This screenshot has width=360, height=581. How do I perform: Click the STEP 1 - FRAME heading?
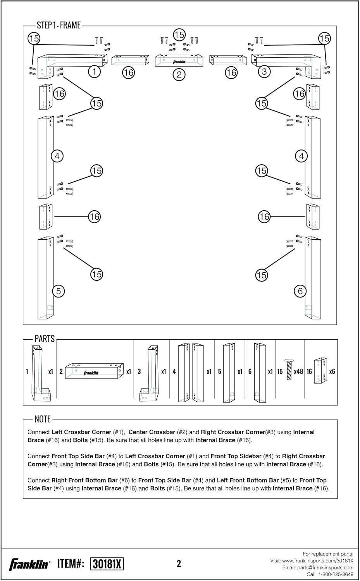click(x=59, y=25)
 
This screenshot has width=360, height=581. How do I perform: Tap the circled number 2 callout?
click(x=179, y=74)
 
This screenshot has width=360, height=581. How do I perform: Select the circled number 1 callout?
click(x=94, y=71)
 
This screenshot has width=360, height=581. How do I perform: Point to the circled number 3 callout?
click(x=264, y=71)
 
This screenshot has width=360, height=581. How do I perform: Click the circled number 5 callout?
click(x=58, y=291)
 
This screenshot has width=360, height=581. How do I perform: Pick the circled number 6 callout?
click(x=300, y=291)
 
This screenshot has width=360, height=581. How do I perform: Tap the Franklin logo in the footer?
click(x=29, y=564)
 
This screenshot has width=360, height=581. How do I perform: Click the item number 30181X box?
click(x=107, y=564)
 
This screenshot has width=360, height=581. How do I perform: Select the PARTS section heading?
click(x=45, y=339)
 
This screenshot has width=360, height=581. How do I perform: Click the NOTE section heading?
click(x=43, y=419)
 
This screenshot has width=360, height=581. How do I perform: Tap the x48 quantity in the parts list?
click(x=298, y=371)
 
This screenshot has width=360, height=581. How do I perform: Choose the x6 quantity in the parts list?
click(x=332, y=371)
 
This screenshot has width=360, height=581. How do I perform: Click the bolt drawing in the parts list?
click(x=289, y=370)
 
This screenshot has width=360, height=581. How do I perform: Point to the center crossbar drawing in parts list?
click(x=94, y=371)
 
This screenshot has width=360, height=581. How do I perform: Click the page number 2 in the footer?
click(x=179, y=564)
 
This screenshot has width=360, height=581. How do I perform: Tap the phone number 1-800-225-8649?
click(x=334, y=574)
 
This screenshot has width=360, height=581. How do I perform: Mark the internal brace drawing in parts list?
click(x=320, y=371)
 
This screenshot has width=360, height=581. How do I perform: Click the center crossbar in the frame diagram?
click(x=179, y=60)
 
